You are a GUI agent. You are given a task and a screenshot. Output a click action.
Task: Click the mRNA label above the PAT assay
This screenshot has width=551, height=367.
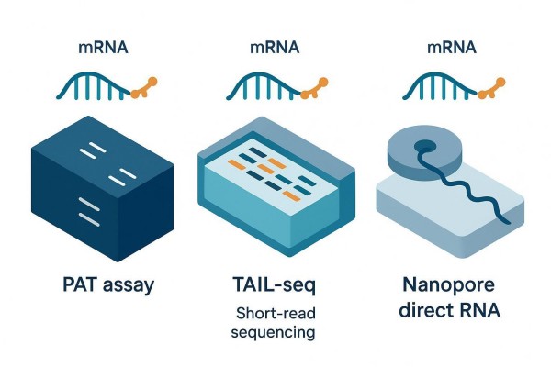point(103,45)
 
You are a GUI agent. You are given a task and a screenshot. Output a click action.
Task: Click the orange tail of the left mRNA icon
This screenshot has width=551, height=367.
point(143,88)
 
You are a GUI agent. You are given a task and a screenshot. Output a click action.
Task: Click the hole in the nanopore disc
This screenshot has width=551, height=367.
point(424,146)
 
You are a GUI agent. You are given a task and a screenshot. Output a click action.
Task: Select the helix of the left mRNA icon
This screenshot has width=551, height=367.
point(92,85)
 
